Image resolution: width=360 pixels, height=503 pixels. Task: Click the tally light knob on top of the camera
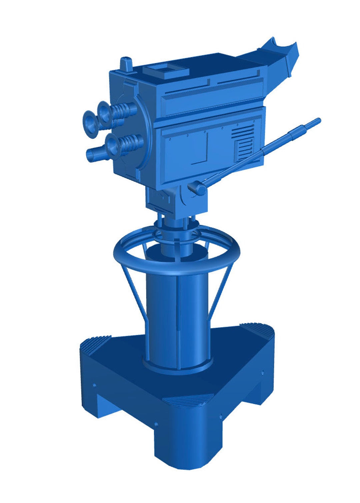pyautogui.click(x=126, y=64)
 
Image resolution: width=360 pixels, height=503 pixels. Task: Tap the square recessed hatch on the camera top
pyautogui.click(x=166, y=70)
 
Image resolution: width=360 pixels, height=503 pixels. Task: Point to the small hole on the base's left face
pyautogui.click(x=94, y=385)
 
